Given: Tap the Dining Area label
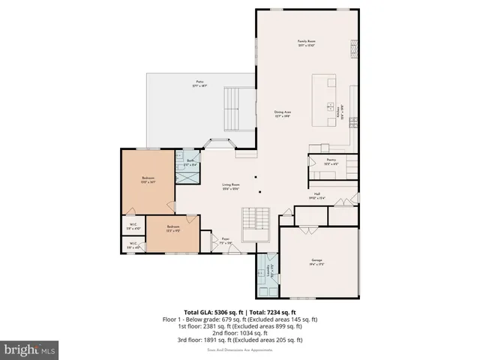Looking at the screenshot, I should tap(282, 114).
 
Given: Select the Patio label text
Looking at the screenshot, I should tap(200, 83).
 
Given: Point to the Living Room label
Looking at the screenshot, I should tap(230, 186).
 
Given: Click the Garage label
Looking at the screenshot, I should tap(316, 262).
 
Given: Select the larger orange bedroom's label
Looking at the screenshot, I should tap(148, 179).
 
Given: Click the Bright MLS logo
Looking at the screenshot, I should tap(30, 349).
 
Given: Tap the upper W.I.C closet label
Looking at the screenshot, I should tap(131, 227).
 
